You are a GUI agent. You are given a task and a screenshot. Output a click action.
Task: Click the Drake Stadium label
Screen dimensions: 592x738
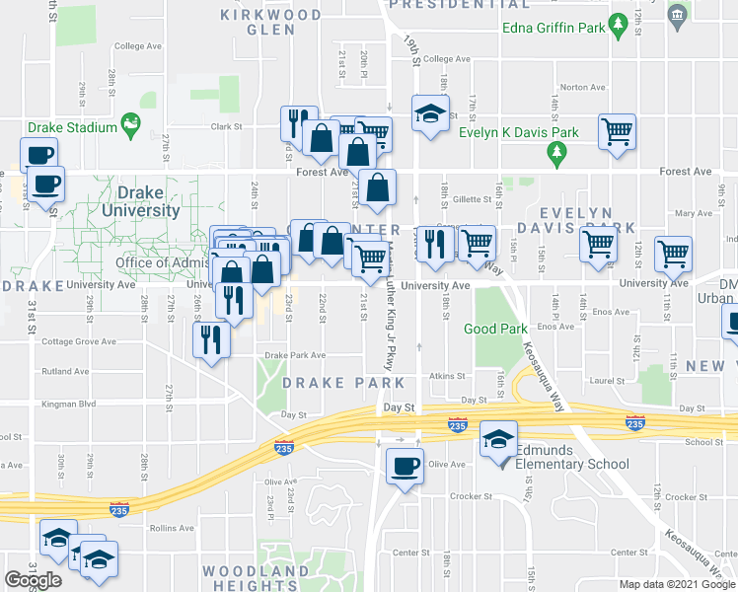coord(72,127)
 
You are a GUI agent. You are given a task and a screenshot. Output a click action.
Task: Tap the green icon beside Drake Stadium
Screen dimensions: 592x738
coord(129,125)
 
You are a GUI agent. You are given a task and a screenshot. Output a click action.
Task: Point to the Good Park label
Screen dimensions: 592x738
coord(491,329)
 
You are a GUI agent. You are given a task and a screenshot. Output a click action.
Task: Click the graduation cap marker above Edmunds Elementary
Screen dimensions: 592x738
coord(499,438)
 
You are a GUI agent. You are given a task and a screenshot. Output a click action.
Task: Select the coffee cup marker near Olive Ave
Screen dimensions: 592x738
coord(404,466)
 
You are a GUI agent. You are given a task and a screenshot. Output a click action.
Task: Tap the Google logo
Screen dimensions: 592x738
coord(33,580)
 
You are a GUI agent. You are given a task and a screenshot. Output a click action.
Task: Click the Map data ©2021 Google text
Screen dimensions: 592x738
coord(678,584)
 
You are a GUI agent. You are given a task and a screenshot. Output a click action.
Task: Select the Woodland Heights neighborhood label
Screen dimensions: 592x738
coord(256,578)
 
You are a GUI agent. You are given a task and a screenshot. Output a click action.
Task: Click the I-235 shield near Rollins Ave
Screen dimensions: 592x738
coord(118,509)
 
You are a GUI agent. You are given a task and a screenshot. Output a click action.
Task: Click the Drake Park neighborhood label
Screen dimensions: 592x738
coord(342,382)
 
